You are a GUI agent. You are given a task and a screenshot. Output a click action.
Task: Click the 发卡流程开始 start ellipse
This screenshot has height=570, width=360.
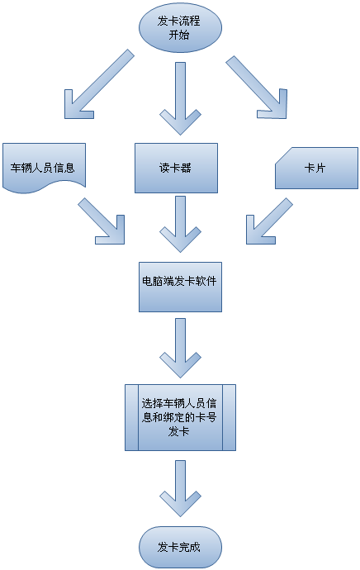tap(180, 28)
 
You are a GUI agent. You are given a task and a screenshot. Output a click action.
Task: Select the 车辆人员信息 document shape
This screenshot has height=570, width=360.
tap(44, 168)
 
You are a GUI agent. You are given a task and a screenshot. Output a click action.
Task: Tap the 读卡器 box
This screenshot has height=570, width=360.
tap(176, 168)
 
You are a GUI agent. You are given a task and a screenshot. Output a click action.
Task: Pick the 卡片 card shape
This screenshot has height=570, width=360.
tap(316, 168)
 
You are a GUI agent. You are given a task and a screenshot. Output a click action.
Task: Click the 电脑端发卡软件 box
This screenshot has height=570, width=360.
tap(180, 287)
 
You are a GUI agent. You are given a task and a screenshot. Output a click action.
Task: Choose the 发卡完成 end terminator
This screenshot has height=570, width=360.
tap(180, 547)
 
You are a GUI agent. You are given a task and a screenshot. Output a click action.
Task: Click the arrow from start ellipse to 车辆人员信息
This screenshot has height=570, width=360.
tap(98, 85)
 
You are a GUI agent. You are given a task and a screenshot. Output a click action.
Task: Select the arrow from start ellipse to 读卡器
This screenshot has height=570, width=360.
tap(180, 98)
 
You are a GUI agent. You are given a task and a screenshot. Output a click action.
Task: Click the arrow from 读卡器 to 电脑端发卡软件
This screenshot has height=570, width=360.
tap(180, 224)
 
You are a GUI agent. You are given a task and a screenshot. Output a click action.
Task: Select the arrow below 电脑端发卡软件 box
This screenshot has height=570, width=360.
tap(180, 348)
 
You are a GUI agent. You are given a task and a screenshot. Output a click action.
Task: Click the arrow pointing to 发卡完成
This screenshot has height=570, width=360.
tap(180, 488)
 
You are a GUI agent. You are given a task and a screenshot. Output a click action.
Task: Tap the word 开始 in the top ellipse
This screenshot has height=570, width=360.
tap(179, 35)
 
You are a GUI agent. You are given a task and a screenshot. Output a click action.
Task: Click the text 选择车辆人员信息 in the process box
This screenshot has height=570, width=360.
tap(179, 403)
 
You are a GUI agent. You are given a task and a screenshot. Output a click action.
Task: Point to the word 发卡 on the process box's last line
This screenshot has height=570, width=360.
tap(178, 431)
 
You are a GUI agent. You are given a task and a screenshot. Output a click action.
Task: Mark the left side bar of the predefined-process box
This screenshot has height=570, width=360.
tap(131, 418)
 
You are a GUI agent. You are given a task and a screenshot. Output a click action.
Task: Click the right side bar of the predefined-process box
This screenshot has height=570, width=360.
tap(230, 418)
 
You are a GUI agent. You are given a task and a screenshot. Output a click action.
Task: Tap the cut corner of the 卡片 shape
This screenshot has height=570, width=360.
tap(283, 155)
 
